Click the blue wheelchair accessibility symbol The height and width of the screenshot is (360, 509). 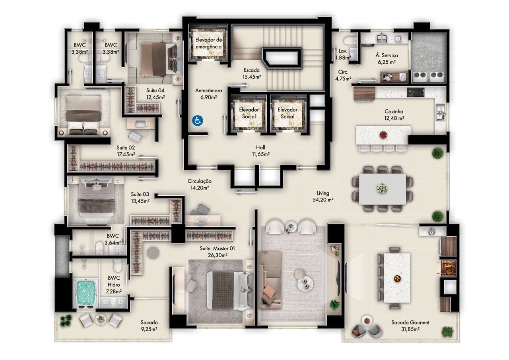click(197, 121)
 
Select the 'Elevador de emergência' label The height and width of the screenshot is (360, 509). click(208, 43)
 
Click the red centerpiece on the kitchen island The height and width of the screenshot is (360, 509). click(383, 135)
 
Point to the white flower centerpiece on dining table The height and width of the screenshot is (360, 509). click(382, 189)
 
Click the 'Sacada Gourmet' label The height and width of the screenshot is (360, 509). click(410, 322)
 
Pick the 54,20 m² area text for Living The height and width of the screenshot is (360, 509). click(323, 200)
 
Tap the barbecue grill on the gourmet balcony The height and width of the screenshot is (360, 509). click(449, 269)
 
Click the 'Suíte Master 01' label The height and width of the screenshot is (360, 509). click(217, 248)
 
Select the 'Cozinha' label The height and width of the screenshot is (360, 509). click(394, 111)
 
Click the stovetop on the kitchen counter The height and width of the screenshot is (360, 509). click(416, 92)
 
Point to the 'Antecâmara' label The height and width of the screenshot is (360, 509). click(209, 90)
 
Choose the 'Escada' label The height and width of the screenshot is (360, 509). click(252, 70)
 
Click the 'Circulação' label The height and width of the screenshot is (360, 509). click(200, 181)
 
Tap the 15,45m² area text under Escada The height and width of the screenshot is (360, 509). click(252, 77)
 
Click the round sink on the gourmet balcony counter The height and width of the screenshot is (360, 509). click(431, 232)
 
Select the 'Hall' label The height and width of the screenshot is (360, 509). click(260, 147)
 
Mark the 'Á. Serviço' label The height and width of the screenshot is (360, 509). click(387, 55)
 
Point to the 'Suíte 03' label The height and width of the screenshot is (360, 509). click(140, 194)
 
